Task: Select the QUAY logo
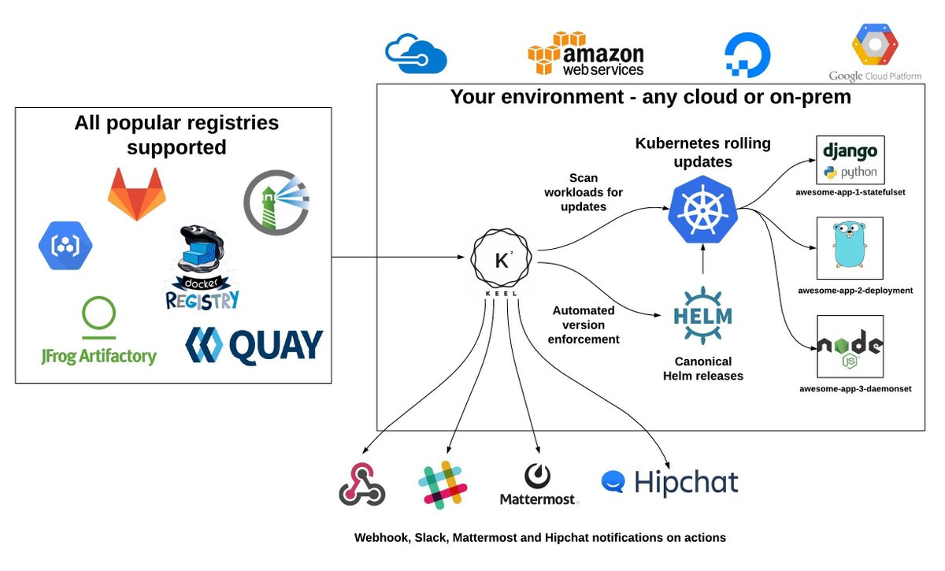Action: pos(254,345)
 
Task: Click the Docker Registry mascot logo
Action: pos(202,268)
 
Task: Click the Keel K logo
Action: pos(502,260)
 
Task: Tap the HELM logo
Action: pos(702,316)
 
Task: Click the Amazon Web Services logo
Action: pos(585,54)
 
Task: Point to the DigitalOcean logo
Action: pos(747,55)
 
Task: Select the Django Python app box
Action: pos(850,160)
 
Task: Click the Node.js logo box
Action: pos(850,347)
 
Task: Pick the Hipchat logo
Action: pos(669,482)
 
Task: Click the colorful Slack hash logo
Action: pos(443,484)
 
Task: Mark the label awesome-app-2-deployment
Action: pos(855,290)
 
